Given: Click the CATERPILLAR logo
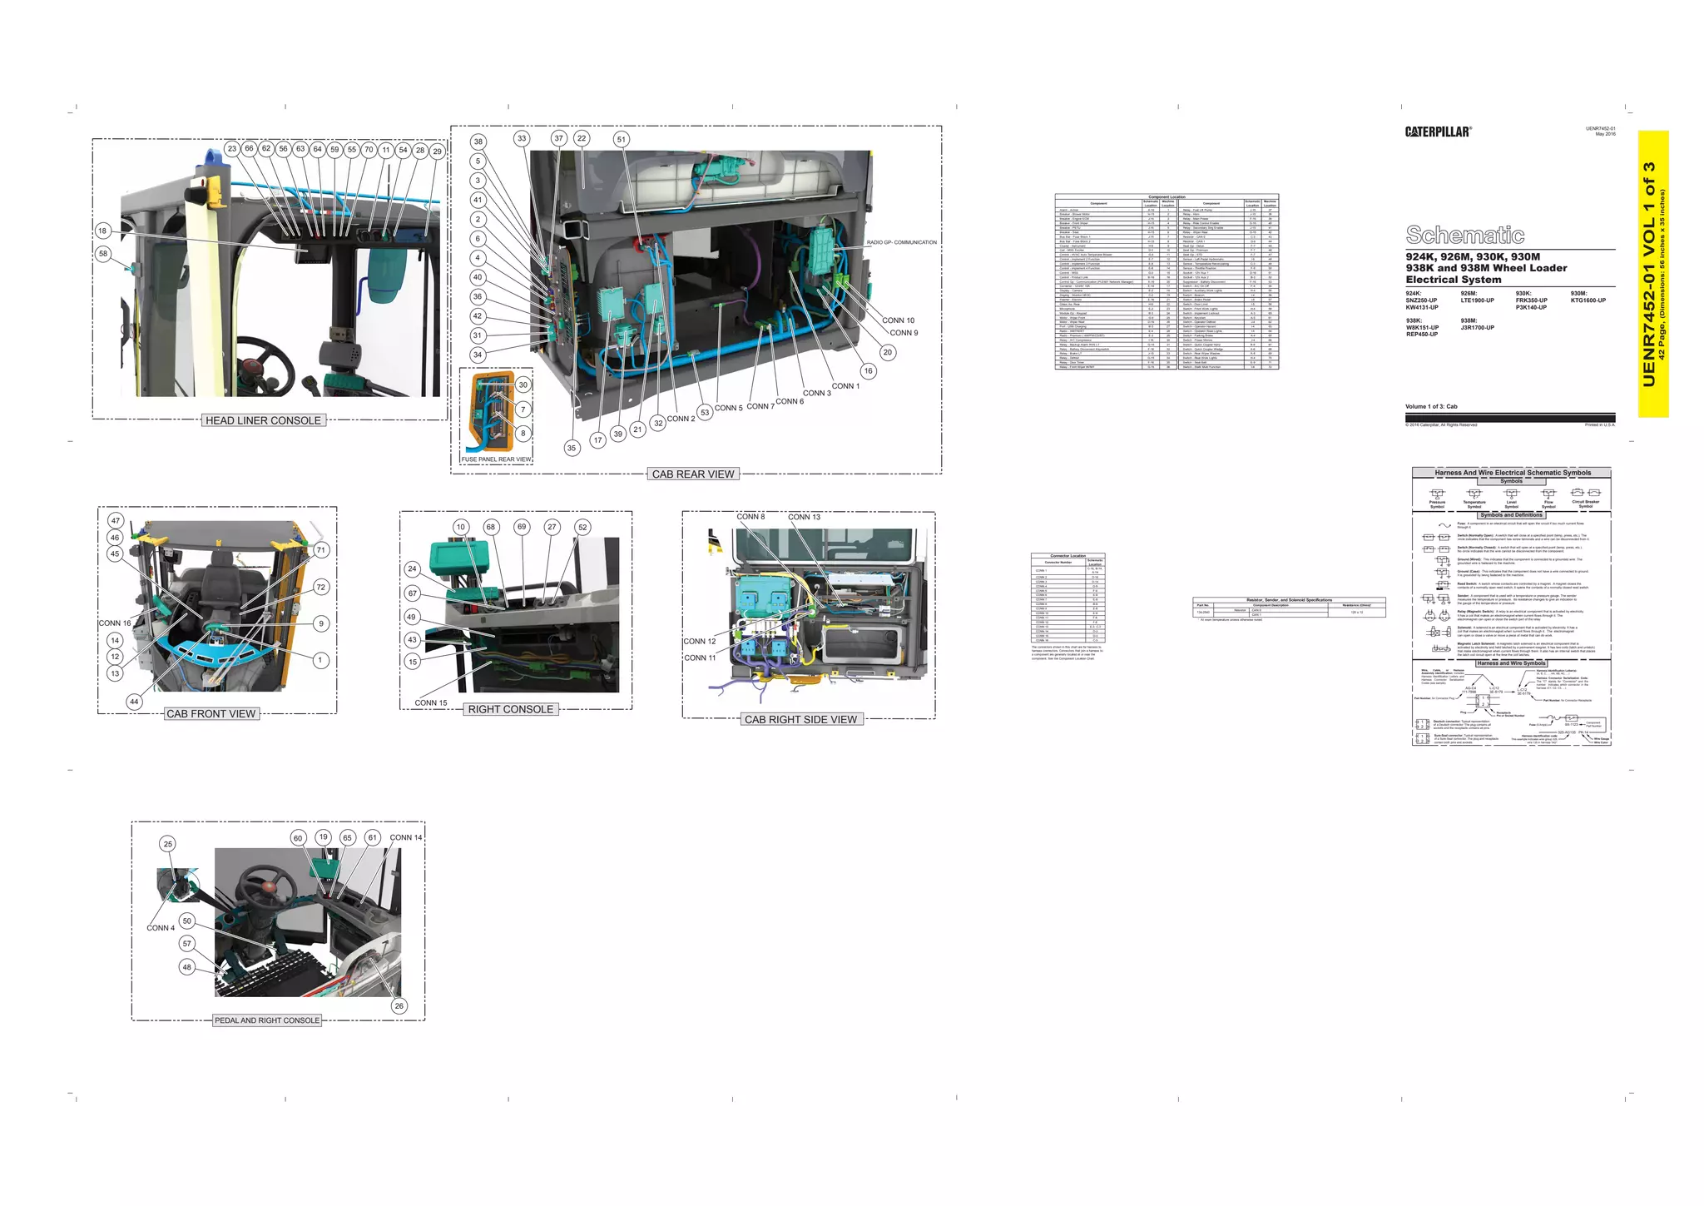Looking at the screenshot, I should pos(1438,132).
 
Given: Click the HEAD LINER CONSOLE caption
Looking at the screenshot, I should pos(263,420).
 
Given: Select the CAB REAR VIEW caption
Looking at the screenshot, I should pos(693,474).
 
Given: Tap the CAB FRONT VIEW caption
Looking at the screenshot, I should pos(211,713).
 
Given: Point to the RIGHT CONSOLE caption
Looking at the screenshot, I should pos(510,709).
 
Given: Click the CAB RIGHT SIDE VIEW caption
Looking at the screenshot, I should pos(800,719).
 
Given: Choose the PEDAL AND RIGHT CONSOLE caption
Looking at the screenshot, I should pos(267,1020).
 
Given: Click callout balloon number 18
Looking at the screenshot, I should pos(102,231).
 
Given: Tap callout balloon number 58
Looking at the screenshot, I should pos(103,254).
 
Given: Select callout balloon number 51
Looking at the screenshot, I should pos(621,139).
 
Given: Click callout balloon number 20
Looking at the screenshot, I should pos(888,352).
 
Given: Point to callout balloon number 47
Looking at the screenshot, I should pos(116,520).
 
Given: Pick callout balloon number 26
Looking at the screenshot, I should pos(399,1005).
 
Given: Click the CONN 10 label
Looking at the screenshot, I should pos(898,320).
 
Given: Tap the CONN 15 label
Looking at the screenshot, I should pos(431,703).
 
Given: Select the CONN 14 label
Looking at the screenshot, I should pos(406,837).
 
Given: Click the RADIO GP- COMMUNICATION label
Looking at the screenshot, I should pos(901,242).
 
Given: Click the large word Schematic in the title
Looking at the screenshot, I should pos(1464,235).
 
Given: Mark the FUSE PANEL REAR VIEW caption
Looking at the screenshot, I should pos(497,459).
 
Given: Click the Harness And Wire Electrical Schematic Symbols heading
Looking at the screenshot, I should pos(1512,473).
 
